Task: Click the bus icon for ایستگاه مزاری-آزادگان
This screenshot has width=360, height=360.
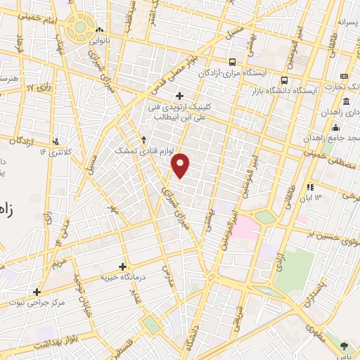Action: pos(233,61)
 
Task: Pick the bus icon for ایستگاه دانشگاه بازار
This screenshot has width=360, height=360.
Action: pos(285,80)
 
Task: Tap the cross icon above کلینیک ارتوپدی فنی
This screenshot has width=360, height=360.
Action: pos(179,96)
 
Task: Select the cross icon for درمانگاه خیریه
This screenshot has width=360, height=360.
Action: pos(123,266)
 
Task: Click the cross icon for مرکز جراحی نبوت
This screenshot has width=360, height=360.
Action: pos(37,291)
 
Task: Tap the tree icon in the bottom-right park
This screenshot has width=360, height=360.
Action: pos(344,345)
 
